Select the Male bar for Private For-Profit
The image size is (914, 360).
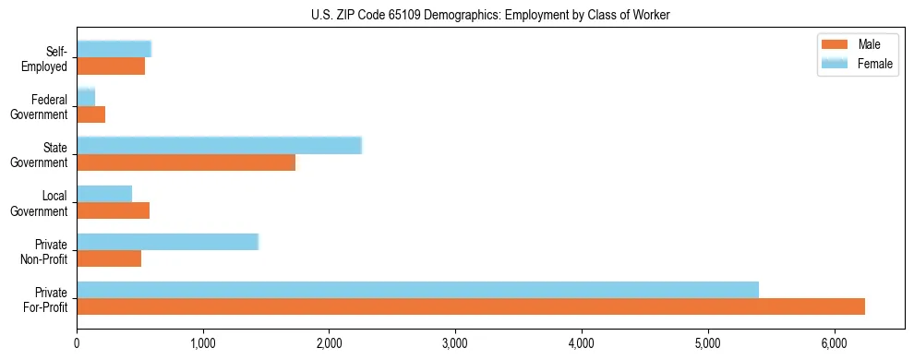click(471, 306)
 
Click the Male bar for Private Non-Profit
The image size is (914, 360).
click(109, 258)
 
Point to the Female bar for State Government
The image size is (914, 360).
click(219, 145)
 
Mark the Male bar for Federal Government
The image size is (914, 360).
click(90, 114)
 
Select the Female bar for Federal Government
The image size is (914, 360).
click(86, 97)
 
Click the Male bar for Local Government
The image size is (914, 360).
click(113, 210)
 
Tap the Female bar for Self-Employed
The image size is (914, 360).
click(114, 49)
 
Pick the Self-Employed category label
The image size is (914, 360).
click(48, 58)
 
